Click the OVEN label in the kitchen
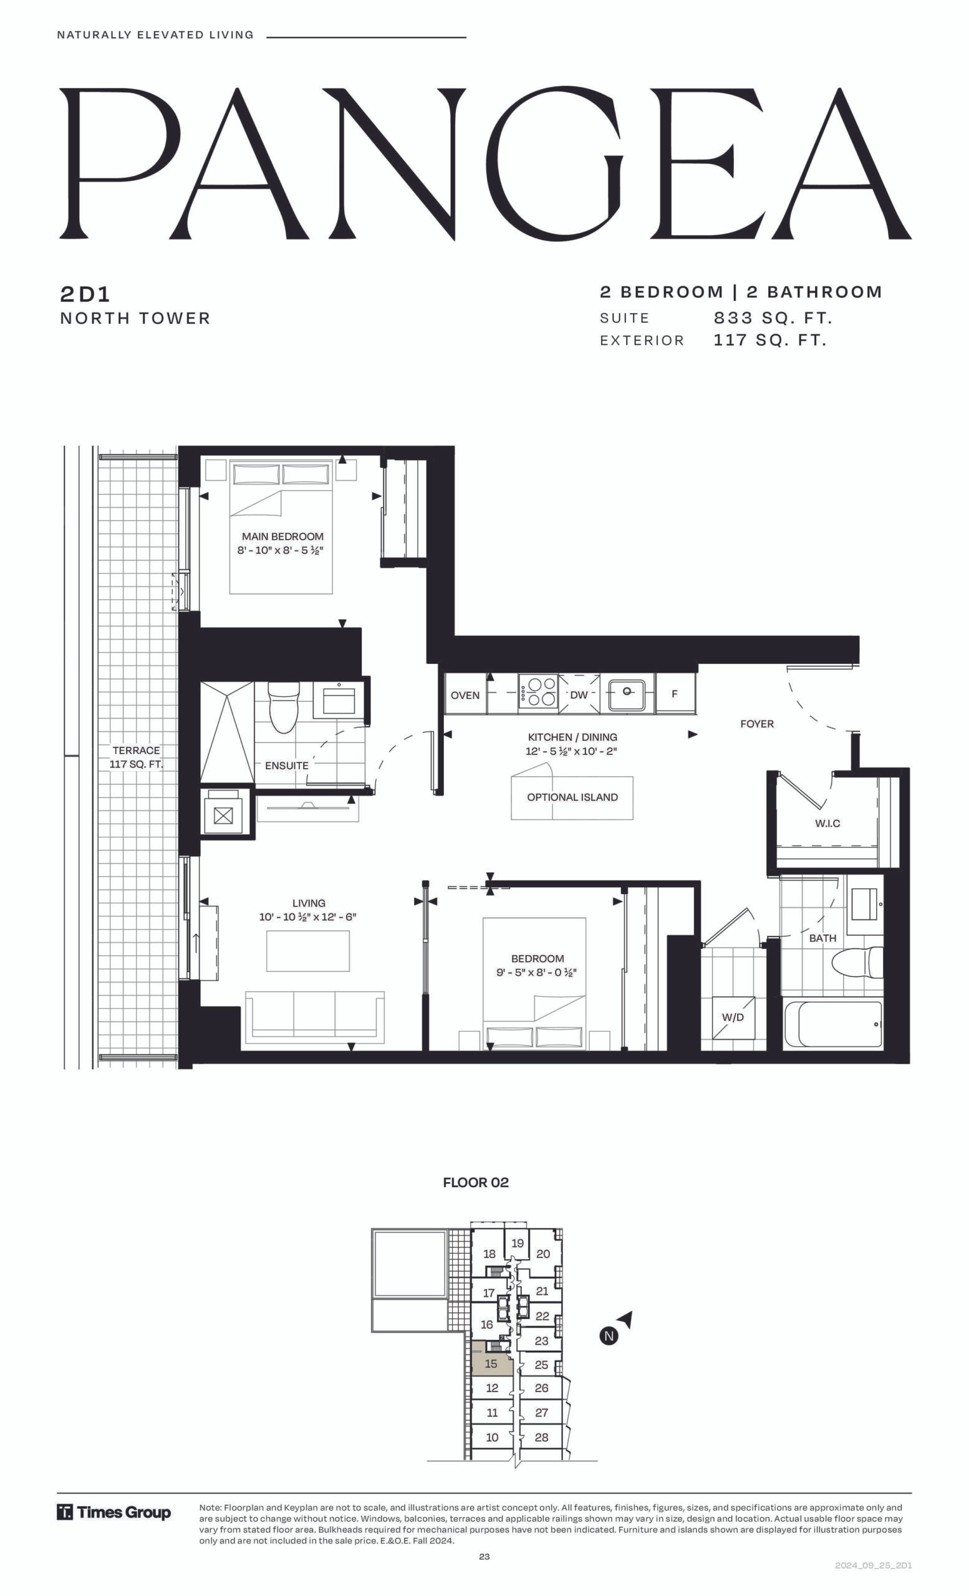(465, 695)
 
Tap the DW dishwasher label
(579, 695)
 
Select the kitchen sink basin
(626, 695)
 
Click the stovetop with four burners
(538, 693)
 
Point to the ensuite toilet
(282, 707)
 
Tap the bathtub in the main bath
(833, 1024)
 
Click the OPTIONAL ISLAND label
(572, 797)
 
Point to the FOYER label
(756, 724)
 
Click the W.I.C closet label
(827, 824)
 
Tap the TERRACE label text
(136, 750)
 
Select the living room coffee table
(307, 951)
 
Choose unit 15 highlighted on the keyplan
(491, 1365)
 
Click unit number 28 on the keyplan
(541, 1437)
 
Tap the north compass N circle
(609, 1335)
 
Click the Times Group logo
(114, 1512)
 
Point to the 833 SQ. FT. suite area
(773, 318)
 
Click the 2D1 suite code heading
(85, 295)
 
